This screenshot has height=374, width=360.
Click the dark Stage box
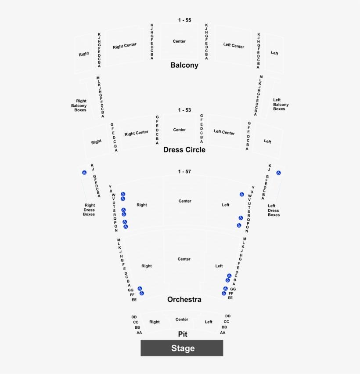coord(182,348)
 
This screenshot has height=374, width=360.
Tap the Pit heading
coord(183,334)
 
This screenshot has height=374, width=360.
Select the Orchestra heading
coord(184,299)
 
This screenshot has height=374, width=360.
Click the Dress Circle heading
coord(184,149)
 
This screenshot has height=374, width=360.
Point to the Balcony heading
coord(184,65)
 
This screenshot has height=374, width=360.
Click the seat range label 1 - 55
coord(185,20)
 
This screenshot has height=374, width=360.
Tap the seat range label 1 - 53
coord(185,110)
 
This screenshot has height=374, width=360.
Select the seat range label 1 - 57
coord(185,171)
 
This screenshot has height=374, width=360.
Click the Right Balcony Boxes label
coord(80,105)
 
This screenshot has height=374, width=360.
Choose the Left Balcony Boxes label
coord(281,104)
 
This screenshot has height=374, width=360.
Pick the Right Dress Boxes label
coord(89,210)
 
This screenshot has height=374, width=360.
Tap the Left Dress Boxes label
coord(273,211)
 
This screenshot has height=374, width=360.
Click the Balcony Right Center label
coord(125,46)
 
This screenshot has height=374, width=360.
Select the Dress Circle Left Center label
coord(224,132)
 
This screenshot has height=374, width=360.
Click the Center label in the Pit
coord(182,320)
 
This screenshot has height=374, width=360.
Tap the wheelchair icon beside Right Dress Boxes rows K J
coord(83,172)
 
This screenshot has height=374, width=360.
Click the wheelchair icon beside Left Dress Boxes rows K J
coord(278,173)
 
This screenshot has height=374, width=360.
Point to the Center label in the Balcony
coord(179,41)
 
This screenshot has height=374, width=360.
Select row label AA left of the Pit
coord(139,333)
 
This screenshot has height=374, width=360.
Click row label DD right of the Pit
coord(228,316)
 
